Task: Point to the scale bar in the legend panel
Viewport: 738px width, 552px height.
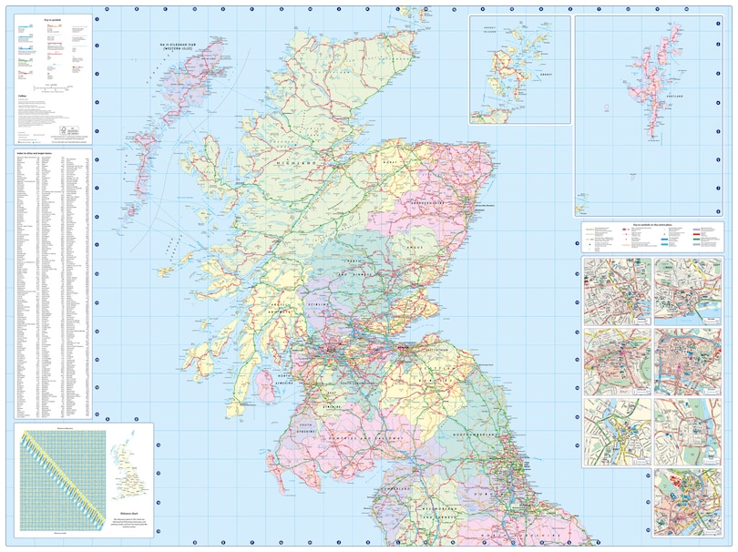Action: pos(50,87)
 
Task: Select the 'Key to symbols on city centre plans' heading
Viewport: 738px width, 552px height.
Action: pos(652,224)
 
